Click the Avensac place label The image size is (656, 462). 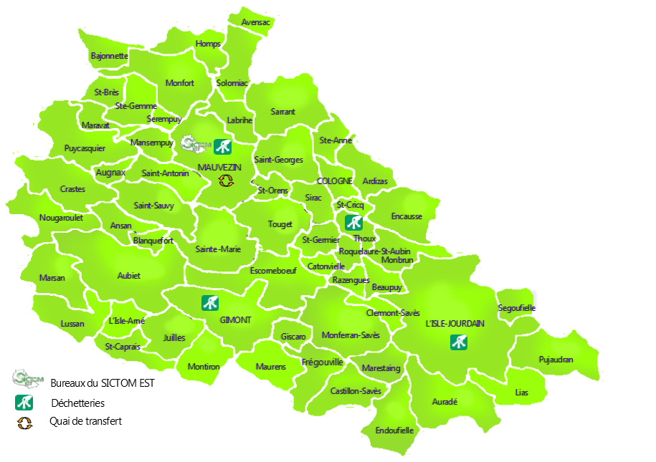click(256, 22)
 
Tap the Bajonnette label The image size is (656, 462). click(110, 55)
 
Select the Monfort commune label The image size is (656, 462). click(180, 83)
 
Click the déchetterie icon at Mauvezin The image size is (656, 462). click(222, 147)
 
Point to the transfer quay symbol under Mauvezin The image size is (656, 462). click(226, 181)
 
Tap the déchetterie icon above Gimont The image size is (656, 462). click(210, 302)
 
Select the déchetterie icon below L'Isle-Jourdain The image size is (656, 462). click(459, 342)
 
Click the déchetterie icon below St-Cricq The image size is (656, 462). click(353, 222)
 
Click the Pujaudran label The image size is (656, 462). click(556, 360)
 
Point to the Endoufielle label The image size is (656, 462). click(394, 430)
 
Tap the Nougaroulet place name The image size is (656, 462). click(62, 218)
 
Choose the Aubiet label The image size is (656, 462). click(129, 275)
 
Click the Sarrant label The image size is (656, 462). click(282, 112)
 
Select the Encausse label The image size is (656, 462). click(407, 216)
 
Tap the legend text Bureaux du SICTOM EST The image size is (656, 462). click(102, 383)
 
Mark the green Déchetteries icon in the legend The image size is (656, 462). click(24, 402)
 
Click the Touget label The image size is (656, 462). click(280, 224)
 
